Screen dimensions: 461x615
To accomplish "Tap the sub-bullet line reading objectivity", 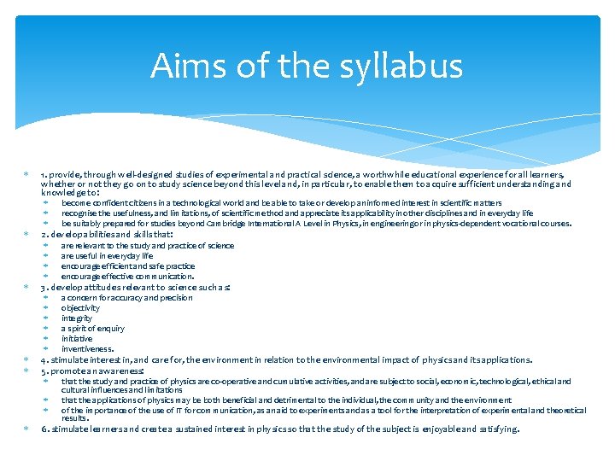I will [80, 308].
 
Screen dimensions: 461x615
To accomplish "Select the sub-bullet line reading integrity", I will [76, 318].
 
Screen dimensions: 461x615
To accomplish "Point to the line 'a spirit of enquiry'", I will [92, 329].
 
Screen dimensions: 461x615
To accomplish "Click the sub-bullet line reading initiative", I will [77, 339].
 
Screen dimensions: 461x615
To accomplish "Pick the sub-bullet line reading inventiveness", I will [87, 349].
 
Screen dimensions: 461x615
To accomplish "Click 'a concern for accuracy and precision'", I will [126, 298].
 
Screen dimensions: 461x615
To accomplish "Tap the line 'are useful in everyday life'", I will [107, 256].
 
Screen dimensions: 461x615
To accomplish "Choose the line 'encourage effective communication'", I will [127, 277].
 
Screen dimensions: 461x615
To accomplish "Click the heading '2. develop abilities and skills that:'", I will [107, 234].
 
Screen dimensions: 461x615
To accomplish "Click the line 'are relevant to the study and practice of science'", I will [147, 246].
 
